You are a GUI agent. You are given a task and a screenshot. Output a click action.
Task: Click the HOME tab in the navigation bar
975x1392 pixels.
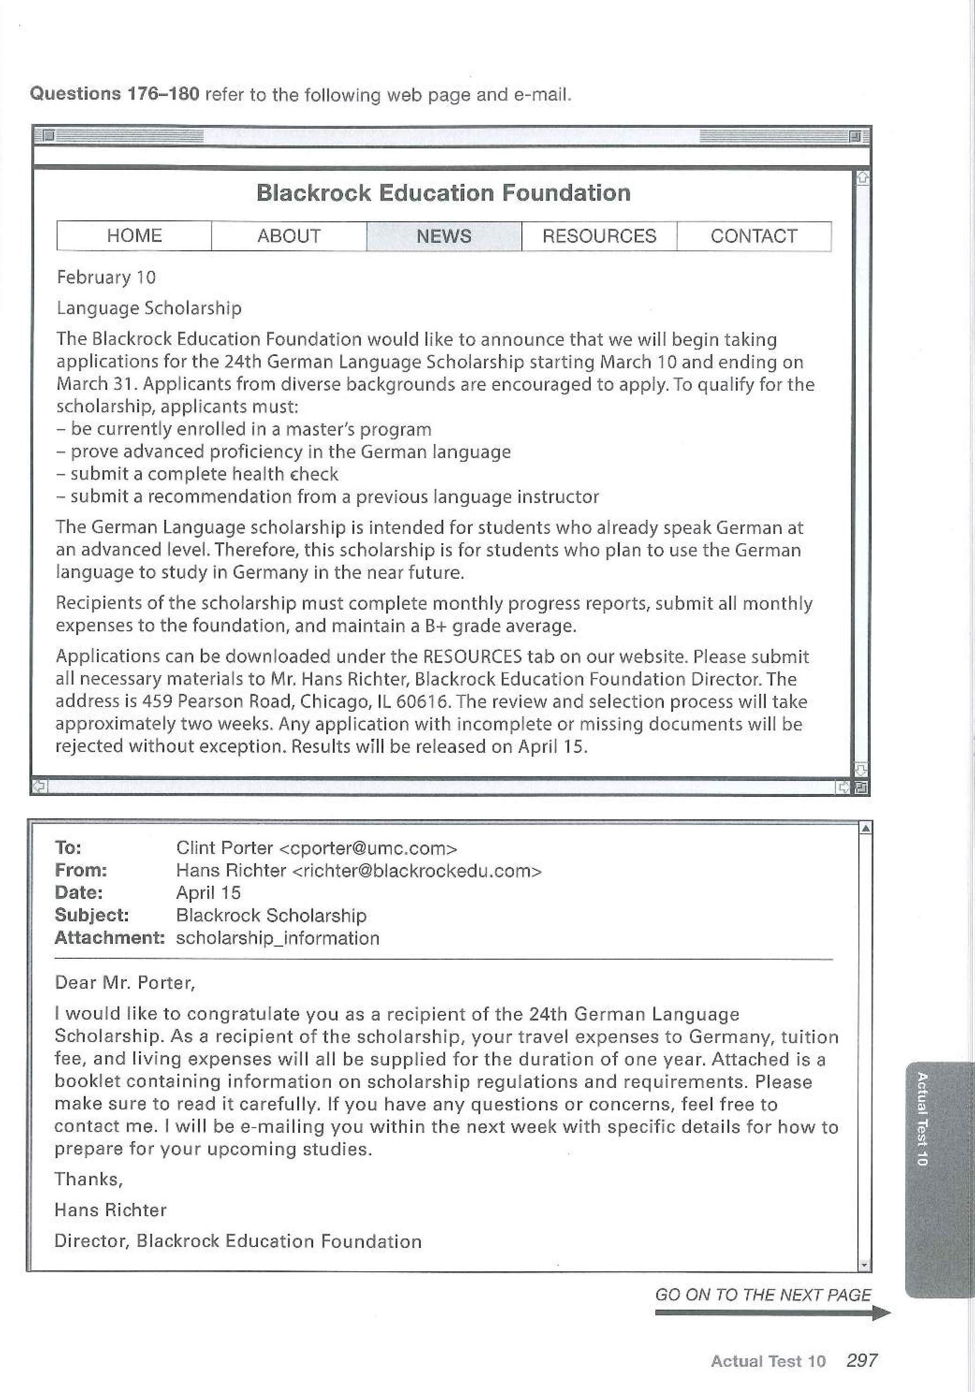click(x=134, y=236)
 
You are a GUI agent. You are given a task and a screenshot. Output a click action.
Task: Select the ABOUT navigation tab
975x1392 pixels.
click(x=289, y=236)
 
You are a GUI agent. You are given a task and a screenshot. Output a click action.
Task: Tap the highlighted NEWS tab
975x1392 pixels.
click(x=444, y=236)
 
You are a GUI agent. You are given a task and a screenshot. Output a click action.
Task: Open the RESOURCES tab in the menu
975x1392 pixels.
click(x=599, y=236)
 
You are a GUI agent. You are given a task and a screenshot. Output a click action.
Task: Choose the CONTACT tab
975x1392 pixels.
click(x=754, y=236)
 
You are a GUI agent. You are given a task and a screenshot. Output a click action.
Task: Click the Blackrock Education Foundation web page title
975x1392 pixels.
click(x=443, y=193)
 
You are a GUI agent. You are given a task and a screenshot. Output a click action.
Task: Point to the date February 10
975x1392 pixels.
click(x=106, y=277)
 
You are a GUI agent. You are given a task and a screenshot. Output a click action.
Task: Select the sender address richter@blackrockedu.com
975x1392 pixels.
click(x=417, y=871)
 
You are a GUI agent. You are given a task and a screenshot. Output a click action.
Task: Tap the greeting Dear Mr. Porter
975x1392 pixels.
click(x=125, y=982)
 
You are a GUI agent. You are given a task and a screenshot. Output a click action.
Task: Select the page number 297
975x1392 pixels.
click(x=862, y=1361)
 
